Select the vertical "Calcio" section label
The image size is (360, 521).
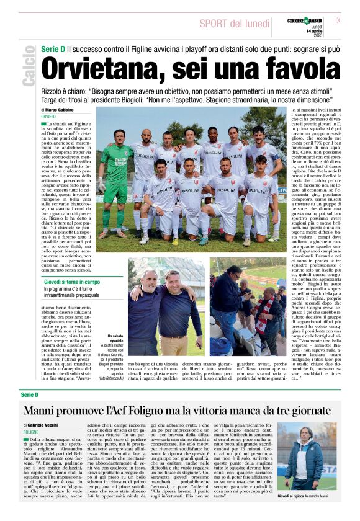[28, 71]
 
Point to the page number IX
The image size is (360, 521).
[337, 20]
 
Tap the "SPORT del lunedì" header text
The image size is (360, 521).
[234, 24]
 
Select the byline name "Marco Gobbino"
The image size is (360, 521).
[59, 110]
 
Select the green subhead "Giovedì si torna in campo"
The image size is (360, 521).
[72, 282]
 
